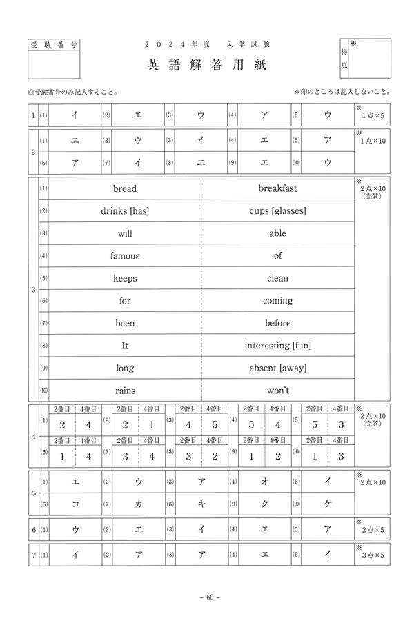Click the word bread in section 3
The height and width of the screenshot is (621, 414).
(x=125, y=188)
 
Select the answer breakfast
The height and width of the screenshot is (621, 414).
(x=277, y=188)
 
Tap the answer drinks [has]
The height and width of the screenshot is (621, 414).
(x=125, y=211)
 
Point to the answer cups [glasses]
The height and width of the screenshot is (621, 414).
(x=277, y=211)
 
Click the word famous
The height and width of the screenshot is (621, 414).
(x=125, y=256)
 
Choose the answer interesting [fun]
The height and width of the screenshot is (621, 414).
(x=277, y=345)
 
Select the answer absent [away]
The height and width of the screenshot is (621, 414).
(x=277, y=368)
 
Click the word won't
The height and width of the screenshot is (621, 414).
(x=277, y=390)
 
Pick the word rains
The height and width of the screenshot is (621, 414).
(x=125, y=390)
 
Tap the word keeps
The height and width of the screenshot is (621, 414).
(x=125, y=279)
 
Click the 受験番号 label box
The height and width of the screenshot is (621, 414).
(x=55, y=43)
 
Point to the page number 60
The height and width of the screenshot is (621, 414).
(x=208, y=598)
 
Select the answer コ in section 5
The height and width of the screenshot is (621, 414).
(x=75, y=504)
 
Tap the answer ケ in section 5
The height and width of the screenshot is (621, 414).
(x=328, y=504)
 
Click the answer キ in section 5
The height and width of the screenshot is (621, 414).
(x=201, y=504)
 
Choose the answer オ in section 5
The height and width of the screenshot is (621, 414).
(x=264, y=482)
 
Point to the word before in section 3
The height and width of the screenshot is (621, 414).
(x=277, y=323)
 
